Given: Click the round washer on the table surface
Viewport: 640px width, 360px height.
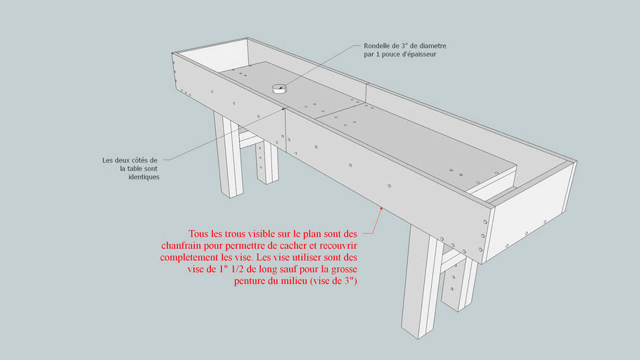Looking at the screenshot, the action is [279, 89].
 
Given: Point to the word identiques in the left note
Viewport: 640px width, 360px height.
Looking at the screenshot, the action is [143, 176].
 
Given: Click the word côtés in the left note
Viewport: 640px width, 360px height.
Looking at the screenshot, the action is [139, 160].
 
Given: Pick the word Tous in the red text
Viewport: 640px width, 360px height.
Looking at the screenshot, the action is [198, 234].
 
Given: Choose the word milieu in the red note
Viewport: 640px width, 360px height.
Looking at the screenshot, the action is [294, 281].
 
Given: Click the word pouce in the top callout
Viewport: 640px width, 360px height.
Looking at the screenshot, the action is [381, 54].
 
